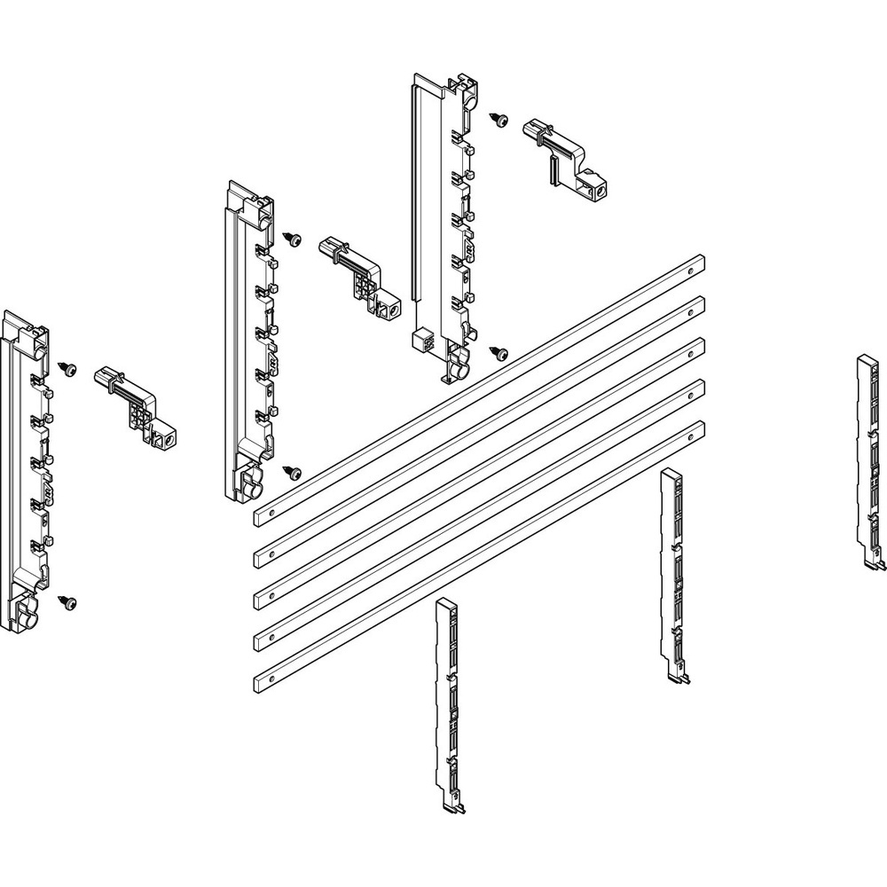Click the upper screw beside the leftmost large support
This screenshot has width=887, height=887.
coord(67,366)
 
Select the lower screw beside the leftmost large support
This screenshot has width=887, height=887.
coord(66,601)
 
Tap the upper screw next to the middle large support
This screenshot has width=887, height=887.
coord(292,238)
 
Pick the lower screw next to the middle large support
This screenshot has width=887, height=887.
coord(292,474)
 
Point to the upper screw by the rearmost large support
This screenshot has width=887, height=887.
coord(499,118)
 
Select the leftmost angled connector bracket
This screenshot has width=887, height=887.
coord(137,406)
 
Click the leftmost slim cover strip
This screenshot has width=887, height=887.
coord(447,692)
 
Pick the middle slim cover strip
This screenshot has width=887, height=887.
coord(673,572)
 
